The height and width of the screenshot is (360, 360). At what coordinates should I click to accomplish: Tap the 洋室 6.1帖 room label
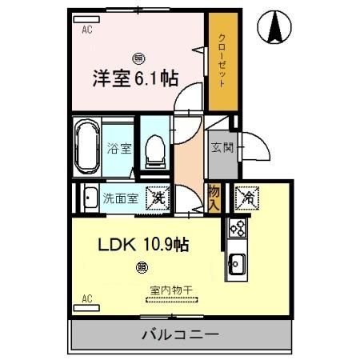(135, 78)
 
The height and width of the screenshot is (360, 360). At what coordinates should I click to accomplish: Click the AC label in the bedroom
(88, 30)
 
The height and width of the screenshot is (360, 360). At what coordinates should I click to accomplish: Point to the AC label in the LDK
(87, 300)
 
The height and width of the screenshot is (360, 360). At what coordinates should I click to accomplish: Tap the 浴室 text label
(116, 148)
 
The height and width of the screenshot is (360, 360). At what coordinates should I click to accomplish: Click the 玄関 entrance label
(221, 147)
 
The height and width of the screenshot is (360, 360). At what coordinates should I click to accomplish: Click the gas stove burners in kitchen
(238, 229)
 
